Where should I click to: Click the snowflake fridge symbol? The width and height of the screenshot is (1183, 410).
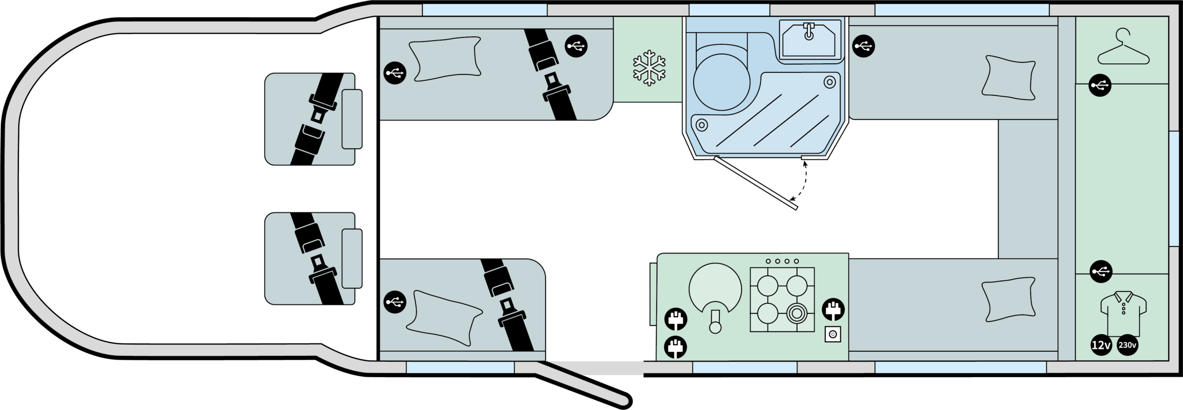pos(649,67)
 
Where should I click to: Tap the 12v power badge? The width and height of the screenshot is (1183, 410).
pos(1101,345)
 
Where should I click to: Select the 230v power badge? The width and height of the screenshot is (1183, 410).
pos(1127,345)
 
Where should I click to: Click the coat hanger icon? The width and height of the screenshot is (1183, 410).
pos(1123,47)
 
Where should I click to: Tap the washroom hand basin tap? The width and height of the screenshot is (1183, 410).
pos(809,31)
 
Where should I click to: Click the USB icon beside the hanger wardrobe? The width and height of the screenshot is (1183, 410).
pos(1100,85)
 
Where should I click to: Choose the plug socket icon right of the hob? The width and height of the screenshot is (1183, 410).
pos(833,309)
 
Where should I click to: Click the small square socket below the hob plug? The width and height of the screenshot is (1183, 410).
pos(833,334)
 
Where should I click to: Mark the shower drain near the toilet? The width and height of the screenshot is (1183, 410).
pos(701,125)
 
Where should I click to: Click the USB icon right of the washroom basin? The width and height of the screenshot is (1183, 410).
pos(863,46)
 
